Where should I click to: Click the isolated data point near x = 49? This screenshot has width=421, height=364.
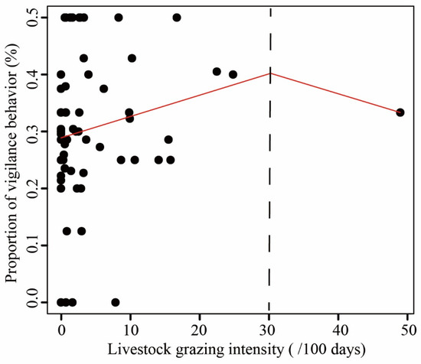(400, 112)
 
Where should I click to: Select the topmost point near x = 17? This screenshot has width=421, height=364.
(177, 17)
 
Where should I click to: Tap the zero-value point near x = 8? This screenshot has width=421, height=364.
(116, 302)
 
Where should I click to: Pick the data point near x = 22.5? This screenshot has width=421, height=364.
(217, 72)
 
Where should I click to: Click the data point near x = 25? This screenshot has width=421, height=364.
(233, 74)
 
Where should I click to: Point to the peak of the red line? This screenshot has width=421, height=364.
(269, 73)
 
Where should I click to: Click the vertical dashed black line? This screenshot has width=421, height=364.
(269, 191)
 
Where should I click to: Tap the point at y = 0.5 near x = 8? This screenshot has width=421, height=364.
(118, 17)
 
